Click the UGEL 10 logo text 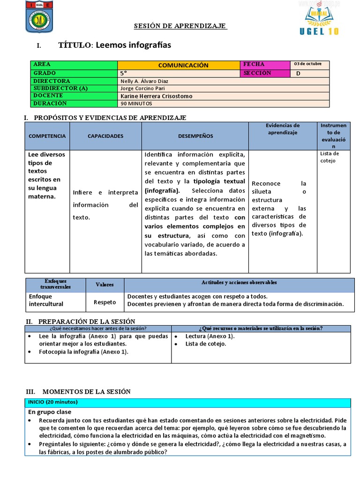(x=318, y=31)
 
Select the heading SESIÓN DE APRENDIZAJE (x=180, y=26)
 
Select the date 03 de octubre (x=307, y=64)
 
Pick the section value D (x=299, y=73)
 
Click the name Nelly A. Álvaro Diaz (x=144, y=81)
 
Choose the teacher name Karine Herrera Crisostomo (x=157, y=96)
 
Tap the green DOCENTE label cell (x=74, y=96)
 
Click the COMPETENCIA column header (x=47, y=136)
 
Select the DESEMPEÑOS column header (x=195, y=136)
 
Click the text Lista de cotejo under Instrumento (x=329, y=157)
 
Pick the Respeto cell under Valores (x=105, y=302)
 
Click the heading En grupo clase (x=51, y=412)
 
